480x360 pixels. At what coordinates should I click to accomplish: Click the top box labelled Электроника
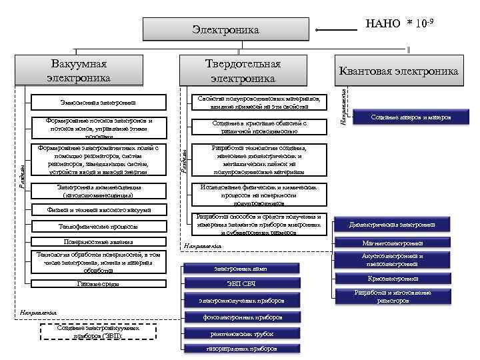tap(227, 29)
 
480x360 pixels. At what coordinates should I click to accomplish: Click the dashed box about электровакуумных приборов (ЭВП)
tap(99, 332)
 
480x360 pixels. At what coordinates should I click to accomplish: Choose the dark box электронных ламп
tap(241, 269)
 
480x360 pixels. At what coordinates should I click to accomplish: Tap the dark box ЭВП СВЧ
tap(241, 285)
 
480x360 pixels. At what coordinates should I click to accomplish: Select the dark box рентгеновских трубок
tap(241, 333)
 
